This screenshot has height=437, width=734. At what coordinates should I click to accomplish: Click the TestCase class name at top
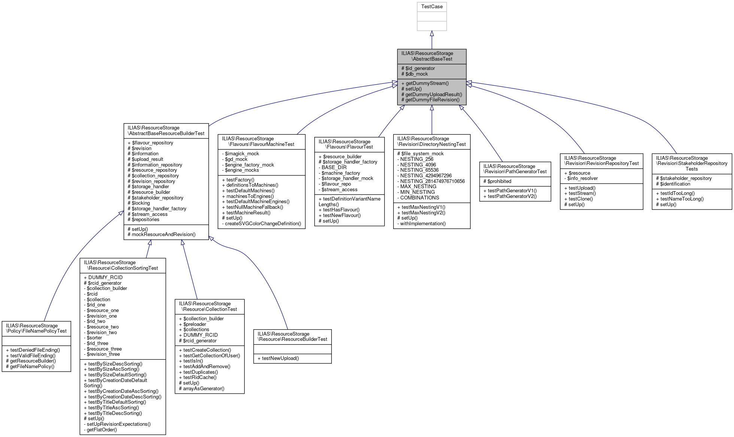click(x=432, y=7)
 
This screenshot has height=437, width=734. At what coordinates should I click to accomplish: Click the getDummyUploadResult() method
click(x=431, y=95)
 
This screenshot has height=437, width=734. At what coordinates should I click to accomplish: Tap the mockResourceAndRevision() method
click(x=161, y=235)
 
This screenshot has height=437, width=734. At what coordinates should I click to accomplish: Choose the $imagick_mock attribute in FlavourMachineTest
click(x=242, y=154)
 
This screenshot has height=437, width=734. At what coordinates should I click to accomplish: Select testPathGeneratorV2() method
click(x=512, y=196)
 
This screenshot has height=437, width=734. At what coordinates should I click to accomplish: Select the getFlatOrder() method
click(x=101, y=430)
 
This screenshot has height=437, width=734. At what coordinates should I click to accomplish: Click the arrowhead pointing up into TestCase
click(x=432, y=34)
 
